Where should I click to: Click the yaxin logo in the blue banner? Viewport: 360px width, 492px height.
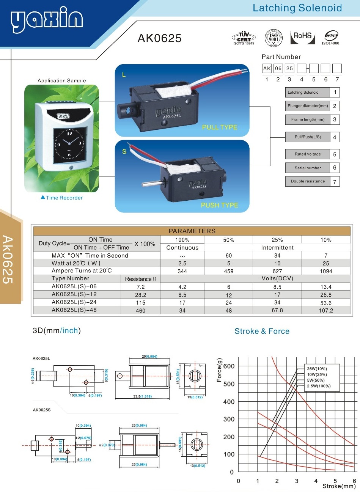point(47,19)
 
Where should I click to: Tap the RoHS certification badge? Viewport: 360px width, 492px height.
point(302,38)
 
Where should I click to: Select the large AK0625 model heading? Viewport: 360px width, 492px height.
point(159,38)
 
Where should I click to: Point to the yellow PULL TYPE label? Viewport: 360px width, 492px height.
point(219,127)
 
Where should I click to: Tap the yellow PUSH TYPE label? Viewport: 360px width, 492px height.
point(219,205)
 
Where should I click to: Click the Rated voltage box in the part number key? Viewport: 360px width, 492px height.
point(308,154)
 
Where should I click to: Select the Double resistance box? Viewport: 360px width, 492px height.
point(308,181)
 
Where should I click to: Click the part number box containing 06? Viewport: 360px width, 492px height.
point(278,69)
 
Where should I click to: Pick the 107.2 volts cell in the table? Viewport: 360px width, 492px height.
point(326,311)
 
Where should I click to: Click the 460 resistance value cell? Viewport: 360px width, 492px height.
point(141,311)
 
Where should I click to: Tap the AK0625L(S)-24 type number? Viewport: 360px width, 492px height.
point(74,302)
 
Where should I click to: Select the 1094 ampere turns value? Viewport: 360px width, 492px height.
point(326,271)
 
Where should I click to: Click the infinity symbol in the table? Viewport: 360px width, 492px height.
point(182,256)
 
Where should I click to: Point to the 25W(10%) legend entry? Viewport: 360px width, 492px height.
point(317,369)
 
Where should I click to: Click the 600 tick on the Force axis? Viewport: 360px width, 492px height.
point(229,366)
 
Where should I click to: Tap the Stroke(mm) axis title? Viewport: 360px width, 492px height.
point(339,486)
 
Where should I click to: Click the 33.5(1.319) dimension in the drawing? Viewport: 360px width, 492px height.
point(142,396)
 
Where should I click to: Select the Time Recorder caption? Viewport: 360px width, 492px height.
point(64,198)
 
